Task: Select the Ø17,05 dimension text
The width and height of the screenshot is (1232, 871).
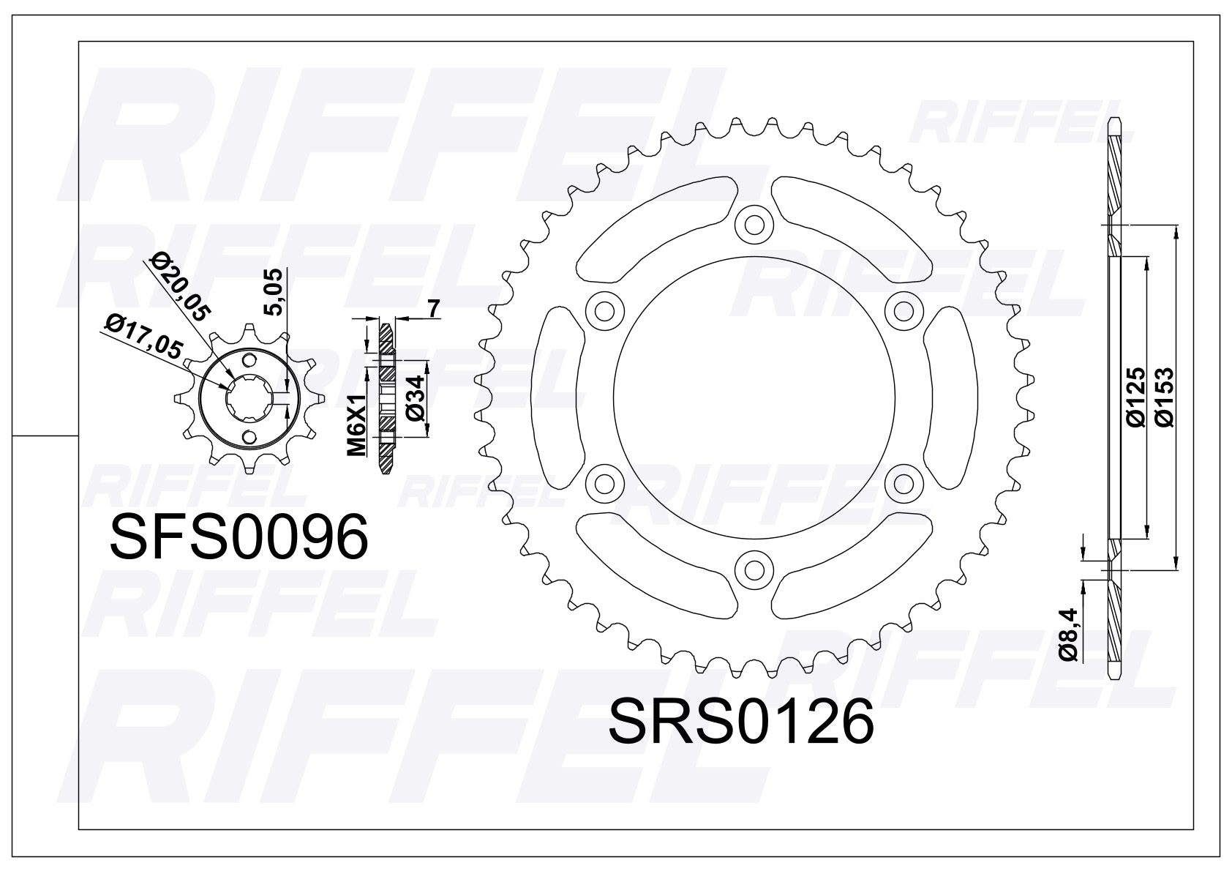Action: coord(143,337)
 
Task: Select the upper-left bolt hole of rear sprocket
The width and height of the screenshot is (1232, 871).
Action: coord(604,310)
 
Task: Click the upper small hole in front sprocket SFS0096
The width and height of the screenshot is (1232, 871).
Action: coord(250,361)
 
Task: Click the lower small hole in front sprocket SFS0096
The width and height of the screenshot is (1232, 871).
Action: coord(250,437)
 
